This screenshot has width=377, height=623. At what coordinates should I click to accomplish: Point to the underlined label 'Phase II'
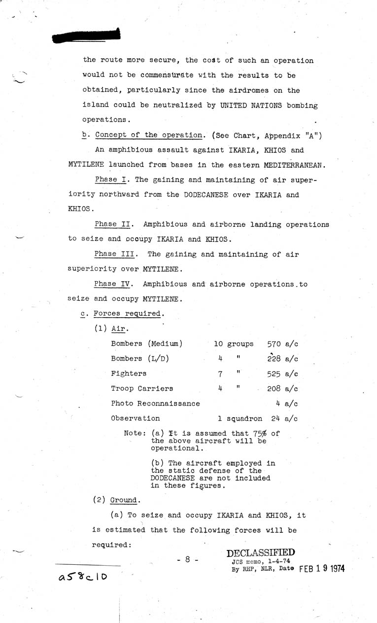[113, 224]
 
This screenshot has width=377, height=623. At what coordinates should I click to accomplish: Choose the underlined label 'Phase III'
[115, 255]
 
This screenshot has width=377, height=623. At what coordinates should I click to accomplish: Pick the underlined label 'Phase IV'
[113, 284]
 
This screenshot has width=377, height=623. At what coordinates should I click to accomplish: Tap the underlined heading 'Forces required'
[127, 314]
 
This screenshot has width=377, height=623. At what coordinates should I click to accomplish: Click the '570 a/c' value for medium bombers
[282, 344]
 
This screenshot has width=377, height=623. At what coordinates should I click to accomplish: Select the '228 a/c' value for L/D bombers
[282, 359]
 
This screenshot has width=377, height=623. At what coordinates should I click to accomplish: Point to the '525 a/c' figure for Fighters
[282, 374]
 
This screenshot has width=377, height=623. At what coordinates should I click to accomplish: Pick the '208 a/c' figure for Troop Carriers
[282, 389]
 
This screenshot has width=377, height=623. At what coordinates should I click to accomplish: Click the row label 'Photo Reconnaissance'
[155, 403]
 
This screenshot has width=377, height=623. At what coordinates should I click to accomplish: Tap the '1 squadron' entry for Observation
[240, 419]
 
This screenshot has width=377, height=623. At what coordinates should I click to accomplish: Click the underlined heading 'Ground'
[124, 500]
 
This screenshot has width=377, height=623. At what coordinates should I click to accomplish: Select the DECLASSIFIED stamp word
[261, 553]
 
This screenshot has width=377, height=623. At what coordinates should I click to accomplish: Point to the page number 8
[188, 560]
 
